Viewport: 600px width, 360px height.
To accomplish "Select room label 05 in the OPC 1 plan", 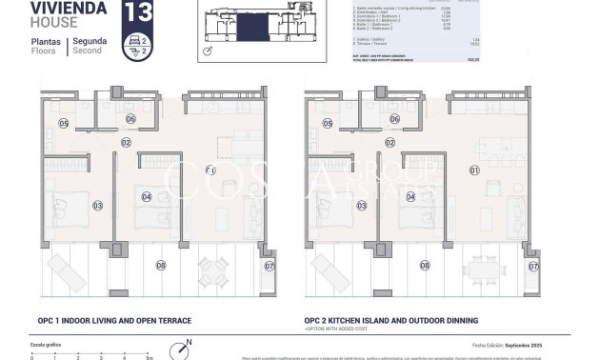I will pyautogui.click(x=63, y=123).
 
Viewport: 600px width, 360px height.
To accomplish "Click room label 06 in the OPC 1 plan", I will pyautogui.click(x=130, y=119).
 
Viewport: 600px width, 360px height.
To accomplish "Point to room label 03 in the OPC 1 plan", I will pyautogui.click(x=97, y=205).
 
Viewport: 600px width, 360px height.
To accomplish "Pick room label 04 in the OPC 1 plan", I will pyautogui.click(x=146, y=197).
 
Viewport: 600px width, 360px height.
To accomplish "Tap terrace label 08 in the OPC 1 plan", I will pyautogui.click(x=160, y=265).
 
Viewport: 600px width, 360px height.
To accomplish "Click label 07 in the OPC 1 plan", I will pyautogui.click(x=269, y=266).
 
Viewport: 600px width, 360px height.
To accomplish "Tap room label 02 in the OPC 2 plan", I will pyautogui.click(x=389, y=142).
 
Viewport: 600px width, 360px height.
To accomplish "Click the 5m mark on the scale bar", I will pyautogui.click(x=149, y=356).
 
